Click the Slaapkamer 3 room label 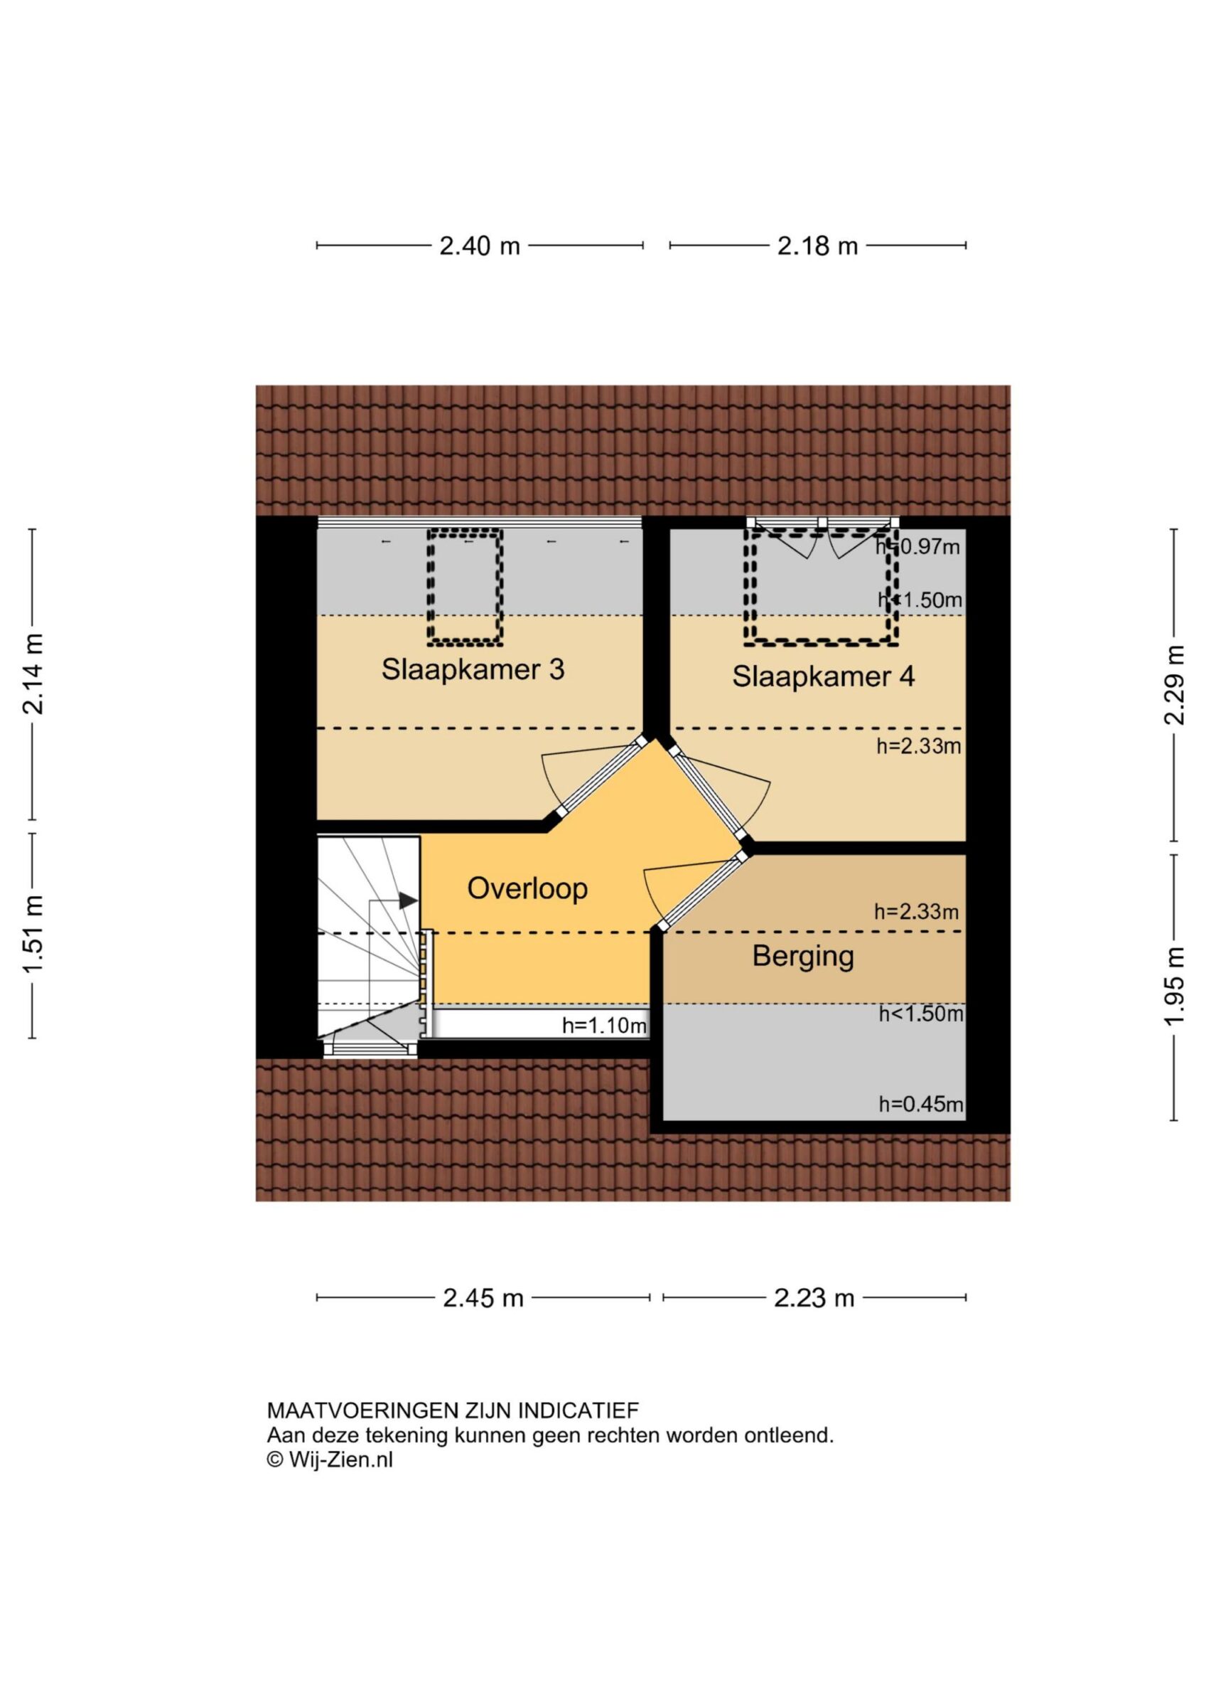pos(473,669)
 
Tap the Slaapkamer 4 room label pos(824,676)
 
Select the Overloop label pos(527,888)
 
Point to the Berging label pos(803,956)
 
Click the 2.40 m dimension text pos(480,246)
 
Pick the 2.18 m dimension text pos(817,246)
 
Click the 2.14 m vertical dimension pos(33,674)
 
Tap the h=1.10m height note pos(604,1027)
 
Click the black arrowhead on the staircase pos(408,900)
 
